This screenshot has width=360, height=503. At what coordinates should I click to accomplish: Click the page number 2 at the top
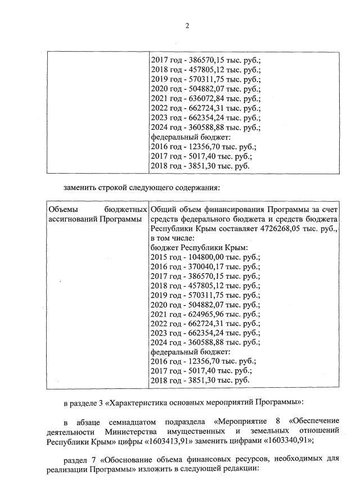pyautogui.click(x=187, y=26)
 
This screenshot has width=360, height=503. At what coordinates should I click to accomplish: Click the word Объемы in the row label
pyautogui.click(x=63, y=209)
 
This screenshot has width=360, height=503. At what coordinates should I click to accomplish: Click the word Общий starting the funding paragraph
pyautogui.click(x=164, y=209)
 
